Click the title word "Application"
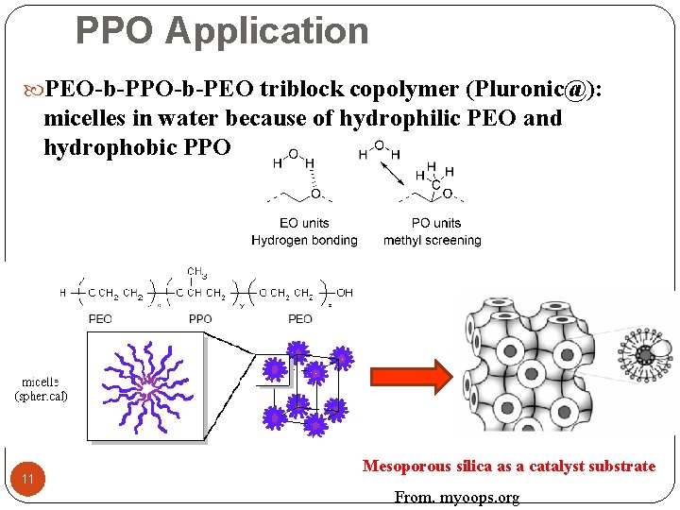pos(266,30)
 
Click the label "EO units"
pos(304,223)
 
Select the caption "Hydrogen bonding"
pos(304,240)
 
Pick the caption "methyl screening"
pos(432,240)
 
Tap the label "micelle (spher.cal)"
pos(42,389)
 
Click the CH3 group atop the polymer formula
pos(197,274)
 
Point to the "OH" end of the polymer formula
pos(345,293)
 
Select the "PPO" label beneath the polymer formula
pos(200,318)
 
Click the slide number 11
pos(28,481)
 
